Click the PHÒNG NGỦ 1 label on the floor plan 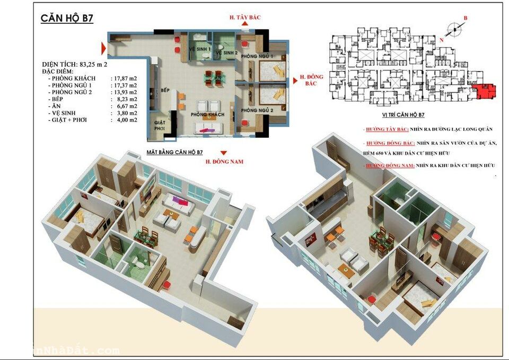(257, 56)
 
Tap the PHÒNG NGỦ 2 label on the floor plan (257, 110)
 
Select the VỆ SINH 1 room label (200, 49)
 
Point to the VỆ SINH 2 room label (226, 53)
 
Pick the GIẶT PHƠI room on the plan (160, 125)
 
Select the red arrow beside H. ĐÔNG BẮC (292, 75)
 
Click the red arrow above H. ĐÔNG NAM (224, 153)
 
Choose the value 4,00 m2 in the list (126, 120)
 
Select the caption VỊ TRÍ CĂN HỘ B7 (403, 115)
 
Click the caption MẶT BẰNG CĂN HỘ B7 (174, 153)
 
